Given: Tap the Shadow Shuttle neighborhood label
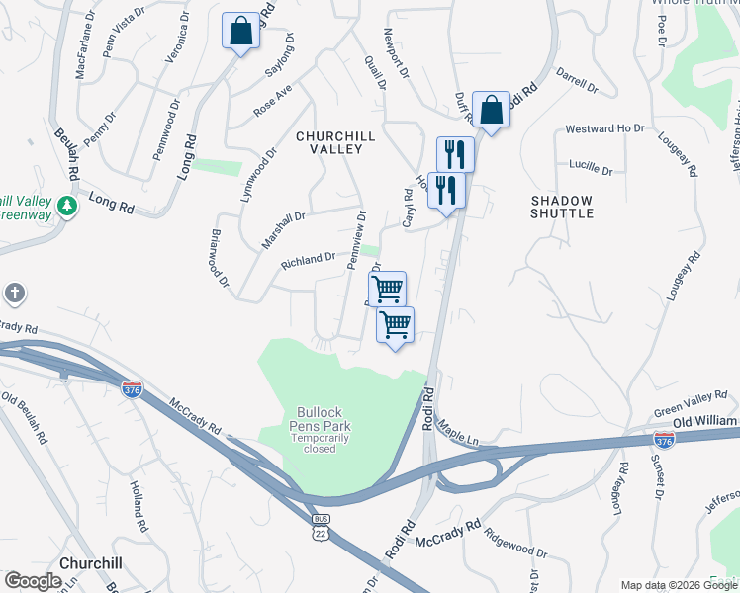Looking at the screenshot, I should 561,206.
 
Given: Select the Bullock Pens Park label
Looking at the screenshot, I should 324,420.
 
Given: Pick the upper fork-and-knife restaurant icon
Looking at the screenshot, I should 455,153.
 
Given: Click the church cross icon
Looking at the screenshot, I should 14,294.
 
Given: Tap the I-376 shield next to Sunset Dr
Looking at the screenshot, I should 665,438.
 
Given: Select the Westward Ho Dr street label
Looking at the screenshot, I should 604,128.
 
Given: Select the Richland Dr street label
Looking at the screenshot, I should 308,261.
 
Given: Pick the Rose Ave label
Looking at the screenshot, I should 272,100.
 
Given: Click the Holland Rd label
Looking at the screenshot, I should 138,501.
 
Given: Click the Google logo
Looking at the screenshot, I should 33,581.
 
